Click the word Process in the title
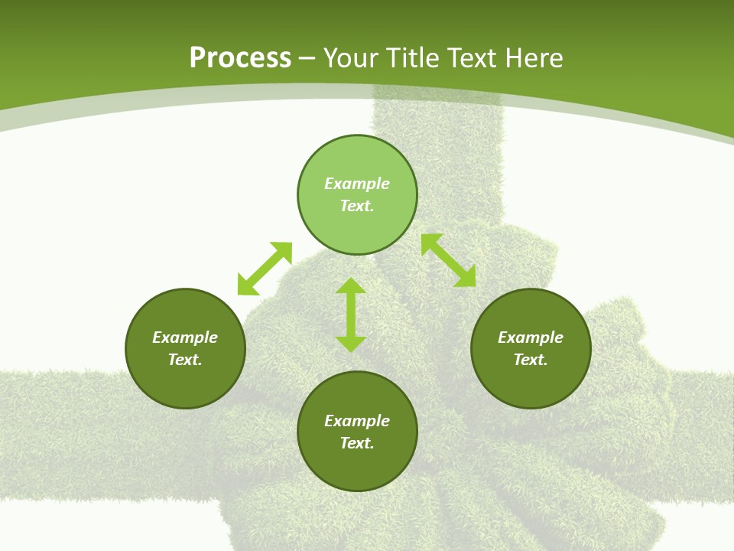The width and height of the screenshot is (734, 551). pyautogui.click(x=240, y=58)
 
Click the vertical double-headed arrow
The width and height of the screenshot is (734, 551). pyautogui.click(x=351, y=315)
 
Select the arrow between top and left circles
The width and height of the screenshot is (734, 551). pyautogui.click(x=265, y=269)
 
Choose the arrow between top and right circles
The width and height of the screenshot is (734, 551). pyautogui.click(x=449, y=260)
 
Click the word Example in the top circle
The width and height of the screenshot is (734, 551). pyautogui.click(x=357, y=184)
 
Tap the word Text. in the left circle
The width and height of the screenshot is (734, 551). pyautogui.click(x=185, y=360)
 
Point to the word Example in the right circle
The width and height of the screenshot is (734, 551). pyautogui.click(x=531, y=337)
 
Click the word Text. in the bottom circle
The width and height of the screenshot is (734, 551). pyautogui.click(x=357, y=443)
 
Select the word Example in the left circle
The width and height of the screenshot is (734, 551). pyautogui.click(x=185, y=337)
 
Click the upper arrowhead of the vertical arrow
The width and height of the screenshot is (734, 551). pyautogui.click(x=351, y=285)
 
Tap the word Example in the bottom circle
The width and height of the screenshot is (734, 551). pyautogui.click(x=357, y=421)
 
